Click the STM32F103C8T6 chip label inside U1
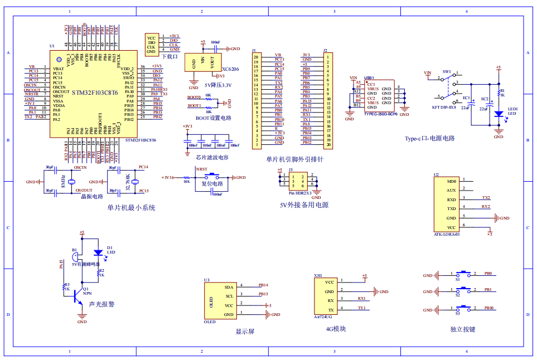click(x=95, y=93)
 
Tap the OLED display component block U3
click(x=219, y=301)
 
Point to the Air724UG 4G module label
click(x=323, y=316)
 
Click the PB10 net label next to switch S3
click(x=488, y=308)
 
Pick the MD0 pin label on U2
click(x=452, y=181)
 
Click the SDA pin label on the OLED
click(x=229, y=286)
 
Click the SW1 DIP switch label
click(x=447, y=72)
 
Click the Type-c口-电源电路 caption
click(x=429, y=138)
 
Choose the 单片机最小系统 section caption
click(x=131, y=208)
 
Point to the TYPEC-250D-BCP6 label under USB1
click(x=380, y=113)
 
